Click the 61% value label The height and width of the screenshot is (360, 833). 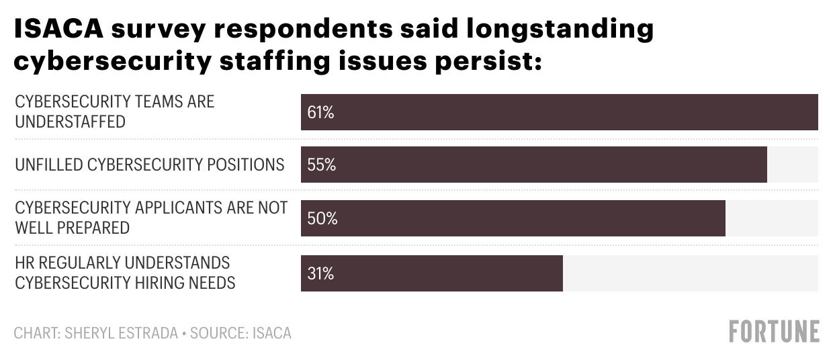[320, 112]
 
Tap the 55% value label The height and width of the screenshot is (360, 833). [321, 165]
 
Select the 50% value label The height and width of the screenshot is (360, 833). [322, 218]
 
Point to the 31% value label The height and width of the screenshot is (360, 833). [320, 273]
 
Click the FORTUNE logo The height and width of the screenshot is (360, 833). [774, 332]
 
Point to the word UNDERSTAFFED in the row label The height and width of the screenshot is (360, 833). [71, 122]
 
